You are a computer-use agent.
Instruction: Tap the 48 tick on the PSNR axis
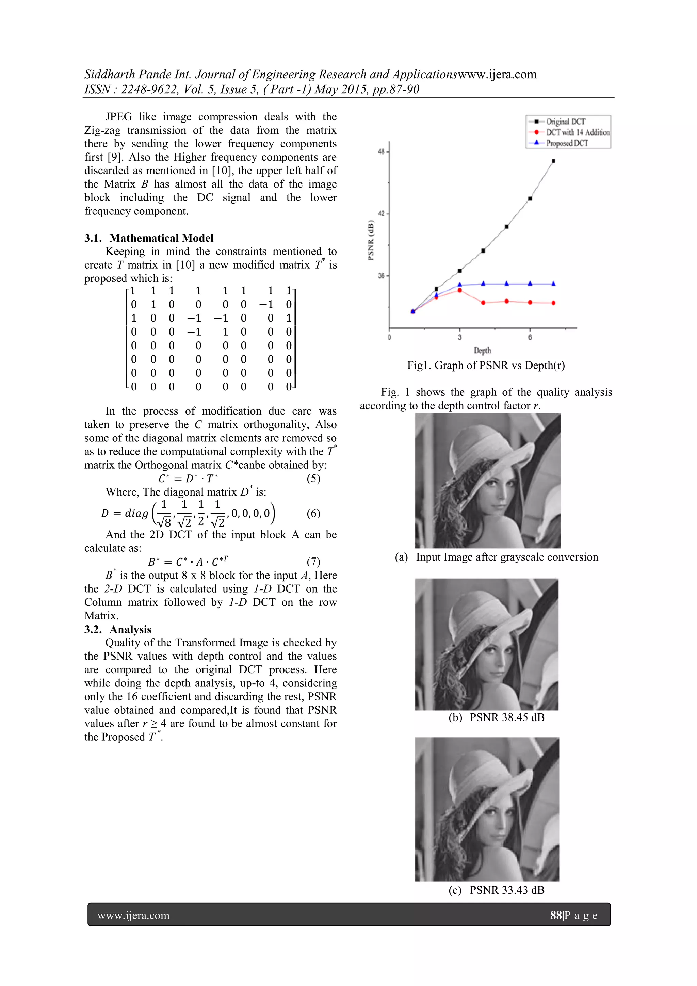(381, 151)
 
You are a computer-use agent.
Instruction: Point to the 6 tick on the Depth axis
(530, 337)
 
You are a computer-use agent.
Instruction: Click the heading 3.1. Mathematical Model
(149, 238)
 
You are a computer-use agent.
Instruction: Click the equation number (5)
(313, 479)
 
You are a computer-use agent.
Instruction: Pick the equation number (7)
(313, 562)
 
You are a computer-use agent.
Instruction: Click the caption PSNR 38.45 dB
(506, 717)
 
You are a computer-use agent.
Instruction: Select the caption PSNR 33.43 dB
(506, 890)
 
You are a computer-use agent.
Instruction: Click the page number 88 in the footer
(556, 915)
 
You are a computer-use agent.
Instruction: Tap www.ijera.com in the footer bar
(133, 915)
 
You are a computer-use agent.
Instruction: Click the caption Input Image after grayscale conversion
(506, 557)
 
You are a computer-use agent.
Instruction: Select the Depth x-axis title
(482, 351)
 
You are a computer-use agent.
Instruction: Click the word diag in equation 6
(136, 513)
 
